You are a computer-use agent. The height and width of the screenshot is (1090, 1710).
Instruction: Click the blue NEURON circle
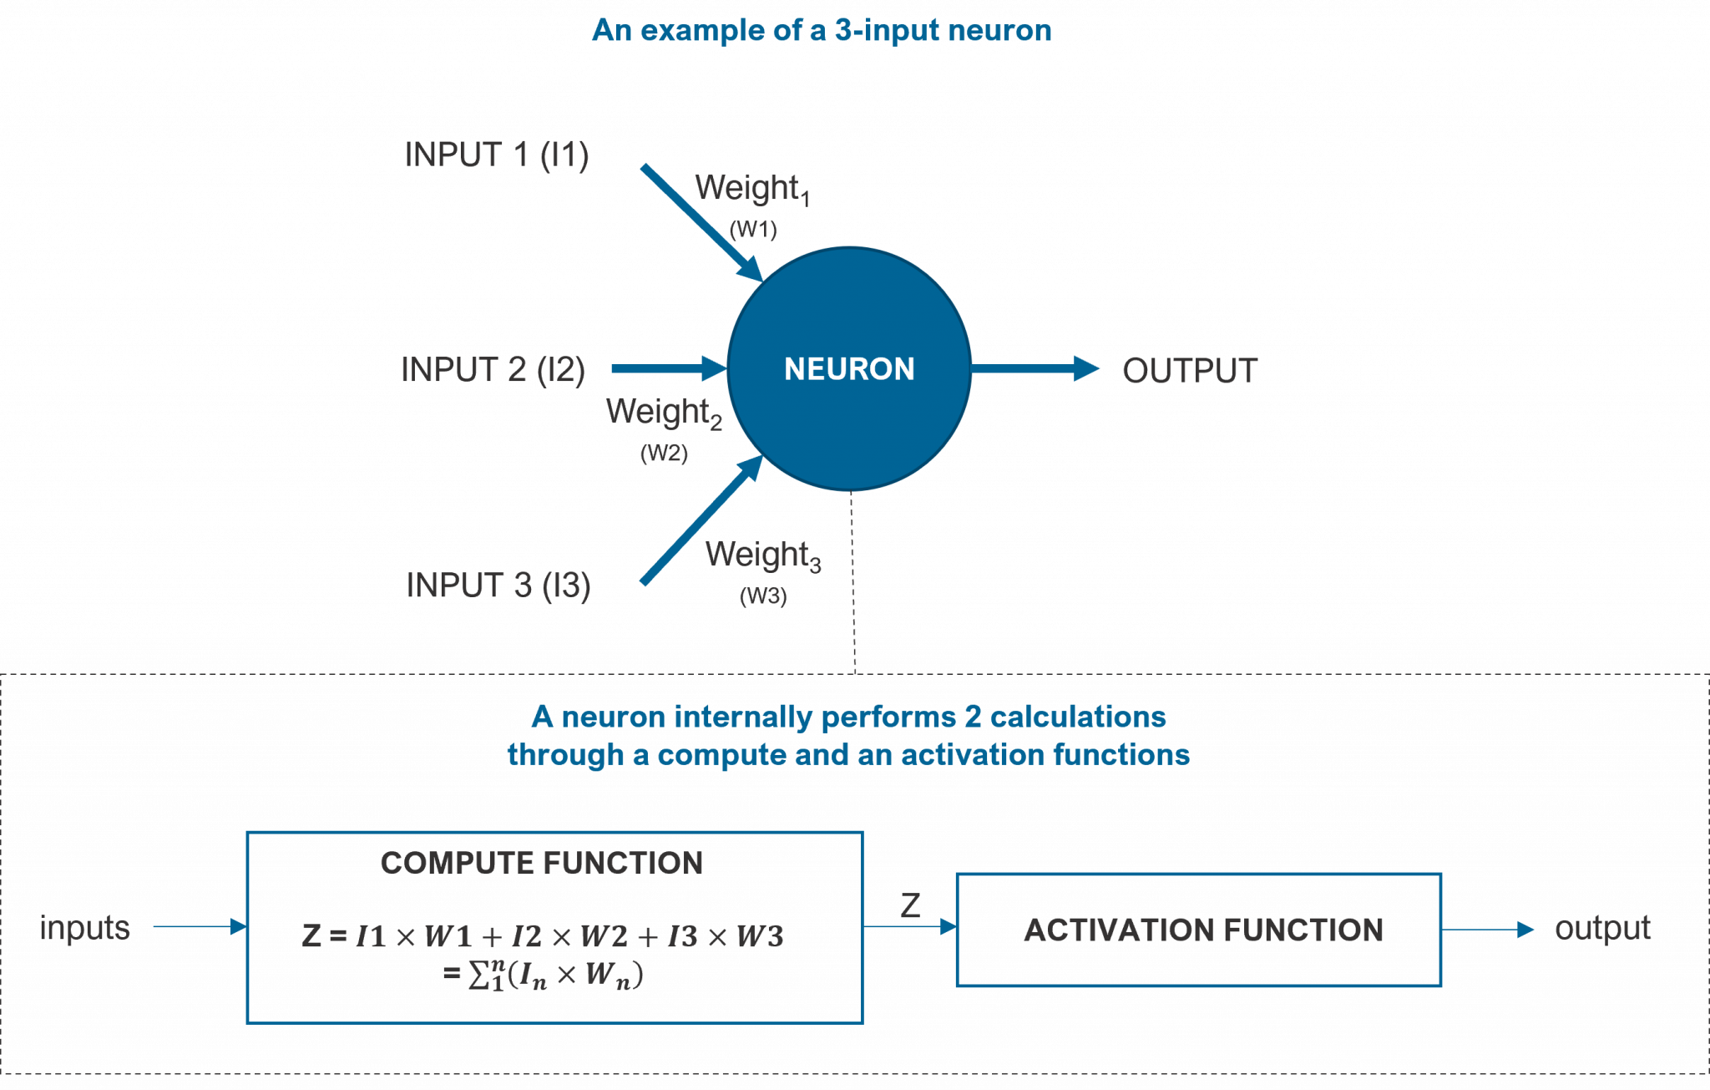849,368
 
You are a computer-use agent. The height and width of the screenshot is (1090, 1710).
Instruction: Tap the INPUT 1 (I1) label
497,155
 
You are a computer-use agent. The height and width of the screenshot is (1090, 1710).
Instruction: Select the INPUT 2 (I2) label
493,370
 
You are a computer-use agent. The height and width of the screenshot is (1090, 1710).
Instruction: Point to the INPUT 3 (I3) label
498,586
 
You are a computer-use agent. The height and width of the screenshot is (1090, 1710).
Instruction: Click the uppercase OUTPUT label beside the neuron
1190,371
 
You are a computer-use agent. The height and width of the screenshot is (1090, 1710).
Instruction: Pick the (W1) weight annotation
753,229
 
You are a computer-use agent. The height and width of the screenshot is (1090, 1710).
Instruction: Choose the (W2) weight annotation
664,453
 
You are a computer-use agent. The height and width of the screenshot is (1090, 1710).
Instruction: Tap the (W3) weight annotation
763,596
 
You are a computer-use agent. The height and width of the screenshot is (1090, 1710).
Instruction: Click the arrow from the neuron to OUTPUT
1035,368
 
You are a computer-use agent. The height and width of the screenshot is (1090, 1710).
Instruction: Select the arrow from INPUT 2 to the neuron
668,368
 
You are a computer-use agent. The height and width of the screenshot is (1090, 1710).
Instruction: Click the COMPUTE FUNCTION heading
542,863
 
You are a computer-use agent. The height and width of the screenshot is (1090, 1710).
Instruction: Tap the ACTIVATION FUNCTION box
1199,930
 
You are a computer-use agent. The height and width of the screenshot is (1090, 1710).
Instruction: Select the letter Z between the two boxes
910,905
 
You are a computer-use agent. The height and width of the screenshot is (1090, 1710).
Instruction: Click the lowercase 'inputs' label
85,928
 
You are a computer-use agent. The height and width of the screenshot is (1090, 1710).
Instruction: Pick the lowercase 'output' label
1602,928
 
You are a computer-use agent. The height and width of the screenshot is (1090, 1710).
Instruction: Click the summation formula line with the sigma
543,975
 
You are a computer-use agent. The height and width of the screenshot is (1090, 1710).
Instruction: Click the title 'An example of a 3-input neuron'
822,31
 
